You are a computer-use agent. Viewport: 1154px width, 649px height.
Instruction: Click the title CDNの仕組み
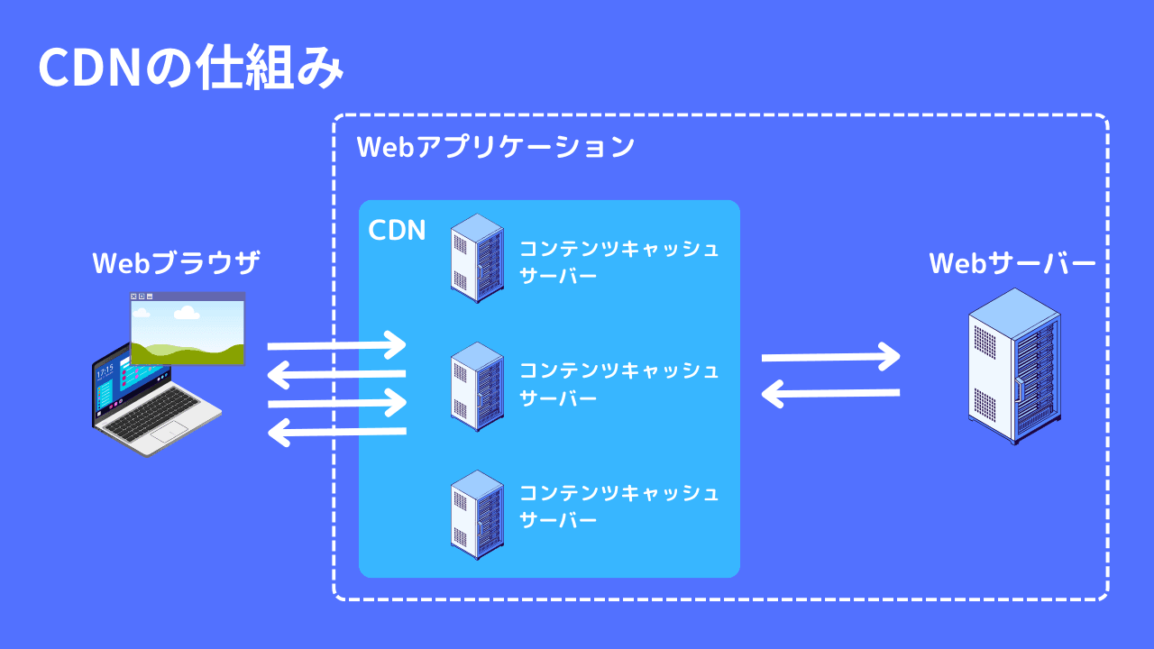coord(191,69)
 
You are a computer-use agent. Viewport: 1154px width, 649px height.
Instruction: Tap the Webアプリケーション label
coord(496,147)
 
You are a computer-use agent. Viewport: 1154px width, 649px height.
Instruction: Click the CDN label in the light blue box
coord(397,230)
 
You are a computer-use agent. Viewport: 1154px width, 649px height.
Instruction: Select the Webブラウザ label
coord(176,264)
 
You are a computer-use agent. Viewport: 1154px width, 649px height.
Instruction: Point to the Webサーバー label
coord(1012,264)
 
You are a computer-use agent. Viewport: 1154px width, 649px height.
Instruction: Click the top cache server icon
coord(477,258)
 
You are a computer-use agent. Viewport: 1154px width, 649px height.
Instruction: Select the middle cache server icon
coord(477,386)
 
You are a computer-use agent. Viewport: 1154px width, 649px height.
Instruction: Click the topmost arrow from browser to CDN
coord(337,344)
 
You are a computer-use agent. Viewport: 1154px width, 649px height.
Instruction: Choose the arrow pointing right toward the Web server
coord(830,357)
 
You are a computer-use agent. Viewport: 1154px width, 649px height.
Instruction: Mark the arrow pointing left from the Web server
coord(830,392)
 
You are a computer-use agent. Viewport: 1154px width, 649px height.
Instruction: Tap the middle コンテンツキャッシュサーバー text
coord(619,384)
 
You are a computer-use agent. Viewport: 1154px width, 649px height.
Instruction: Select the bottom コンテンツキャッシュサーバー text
coord(619,507)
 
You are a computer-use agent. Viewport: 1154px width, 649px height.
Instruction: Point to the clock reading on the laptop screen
coord(105,370)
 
